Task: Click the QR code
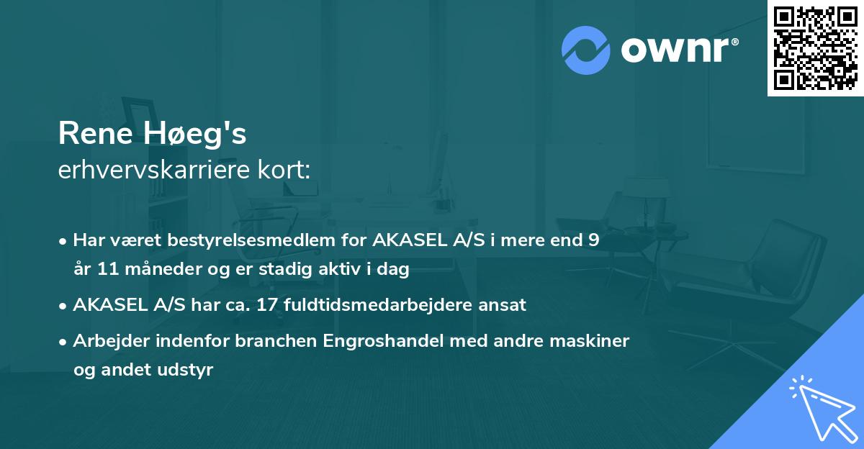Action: (x=816, y=47)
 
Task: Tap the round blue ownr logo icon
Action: (x=586, y=50)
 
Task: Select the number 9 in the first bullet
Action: (x=593, y=240)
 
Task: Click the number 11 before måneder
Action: (x=105, y=270)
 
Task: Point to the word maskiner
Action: (x=594, y=341)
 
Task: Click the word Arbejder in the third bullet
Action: (x=105, y=341)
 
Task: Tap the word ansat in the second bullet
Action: (x=503, y=305)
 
